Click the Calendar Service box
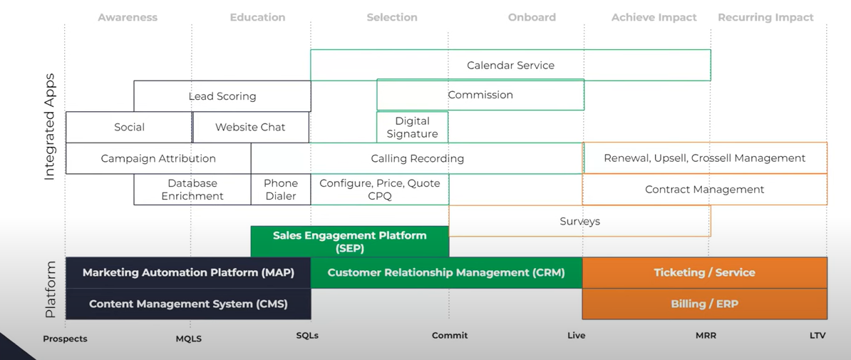pos(511,65)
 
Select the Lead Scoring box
pos(222,96)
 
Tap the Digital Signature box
pos(413,127)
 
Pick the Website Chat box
pos(251,127)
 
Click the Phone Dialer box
pos(281,190)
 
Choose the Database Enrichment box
pos(192,190)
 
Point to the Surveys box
pos(579,221)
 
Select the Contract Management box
pos(704,190)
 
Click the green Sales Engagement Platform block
pos(349,242)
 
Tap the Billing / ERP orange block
pos(704,304)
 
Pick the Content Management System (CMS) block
pos(188,304)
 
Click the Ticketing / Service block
pos(704,272)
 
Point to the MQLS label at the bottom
pos(188,339)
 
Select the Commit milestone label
pos(450,336)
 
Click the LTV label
pos(818,336)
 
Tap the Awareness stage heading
pos(128,17)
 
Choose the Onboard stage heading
pos(532,17)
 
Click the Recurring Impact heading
pos(765,17)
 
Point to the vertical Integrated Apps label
pos(49,126)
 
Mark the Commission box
pos(480,95)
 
